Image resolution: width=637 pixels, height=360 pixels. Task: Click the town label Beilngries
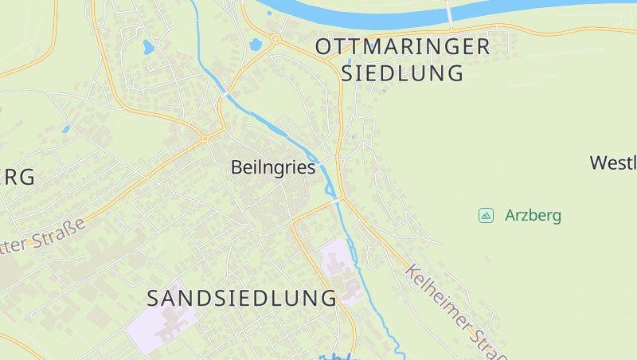[273, 168]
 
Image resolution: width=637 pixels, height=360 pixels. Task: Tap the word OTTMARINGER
[403, 46]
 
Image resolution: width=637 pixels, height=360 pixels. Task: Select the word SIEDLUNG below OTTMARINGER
[402, 73]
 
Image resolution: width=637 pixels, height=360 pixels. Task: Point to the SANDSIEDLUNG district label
[242, 299]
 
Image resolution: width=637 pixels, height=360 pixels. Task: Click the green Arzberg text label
[533, 215]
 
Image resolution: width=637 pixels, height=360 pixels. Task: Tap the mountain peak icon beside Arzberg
[485, 215]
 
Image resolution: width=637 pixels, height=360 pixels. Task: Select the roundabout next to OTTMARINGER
[276, 38]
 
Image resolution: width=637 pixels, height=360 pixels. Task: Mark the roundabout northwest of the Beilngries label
[205, 139]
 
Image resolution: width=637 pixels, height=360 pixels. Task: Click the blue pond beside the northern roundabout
[256, 45]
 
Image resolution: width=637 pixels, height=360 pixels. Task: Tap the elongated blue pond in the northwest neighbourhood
[148, 47]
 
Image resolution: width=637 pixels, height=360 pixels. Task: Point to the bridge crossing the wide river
[449, 14]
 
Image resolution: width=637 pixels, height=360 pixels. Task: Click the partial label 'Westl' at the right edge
[613, 163]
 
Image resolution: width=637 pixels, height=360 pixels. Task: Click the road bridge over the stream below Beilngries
[338, 199]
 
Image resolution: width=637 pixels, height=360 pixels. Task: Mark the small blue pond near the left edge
[65, 128]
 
